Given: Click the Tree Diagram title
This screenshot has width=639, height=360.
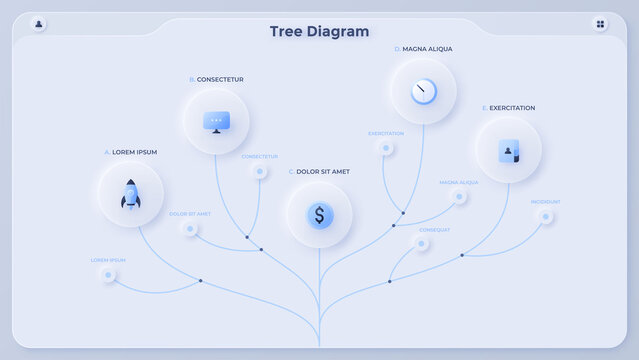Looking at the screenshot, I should coord(319,31).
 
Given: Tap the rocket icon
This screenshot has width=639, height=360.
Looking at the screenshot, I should coord(131,194).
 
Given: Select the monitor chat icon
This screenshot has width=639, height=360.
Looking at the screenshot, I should coord(216,122).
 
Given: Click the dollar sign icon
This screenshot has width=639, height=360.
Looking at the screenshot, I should coord(319,214).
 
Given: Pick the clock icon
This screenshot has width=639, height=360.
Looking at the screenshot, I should coord(423,91).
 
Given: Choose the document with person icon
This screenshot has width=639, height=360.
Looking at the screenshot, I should coord(508,151).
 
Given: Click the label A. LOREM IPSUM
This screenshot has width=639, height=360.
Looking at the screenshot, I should coord(130,152).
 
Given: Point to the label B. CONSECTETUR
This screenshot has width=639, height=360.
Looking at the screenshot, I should coord(216,80).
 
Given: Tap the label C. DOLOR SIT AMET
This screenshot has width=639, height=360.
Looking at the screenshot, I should coord(319,172).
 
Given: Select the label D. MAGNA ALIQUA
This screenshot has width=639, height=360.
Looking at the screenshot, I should coord(423,49).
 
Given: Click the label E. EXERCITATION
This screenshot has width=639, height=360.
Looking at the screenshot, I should coord(508,108).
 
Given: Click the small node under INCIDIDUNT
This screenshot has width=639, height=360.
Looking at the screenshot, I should coord(545,216).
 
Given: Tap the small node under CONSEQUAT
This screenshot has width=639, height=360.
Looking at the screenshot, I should coord(422,243).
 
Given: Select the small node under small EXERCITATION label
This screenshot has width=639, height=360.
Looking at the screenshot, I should coord(385,148).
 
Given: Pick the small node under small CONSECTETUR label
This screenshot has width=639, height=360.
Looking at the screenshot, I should coord(260,171).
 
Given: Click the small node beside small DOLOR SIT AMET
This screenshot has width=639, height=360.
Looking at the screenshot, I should coord(190,228).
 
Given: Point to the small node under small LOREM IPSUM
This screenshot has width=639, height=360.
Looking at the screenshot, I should coord(108,275).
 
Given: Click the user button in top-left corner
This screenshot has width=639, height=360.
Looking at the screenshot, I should coord(39,24).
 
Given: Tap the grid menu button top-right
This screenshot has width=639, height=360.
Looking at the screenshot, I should coord(600,24).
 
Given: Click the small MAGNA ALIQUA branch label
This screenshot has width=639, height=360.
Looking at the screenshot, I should coord(458,183).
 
